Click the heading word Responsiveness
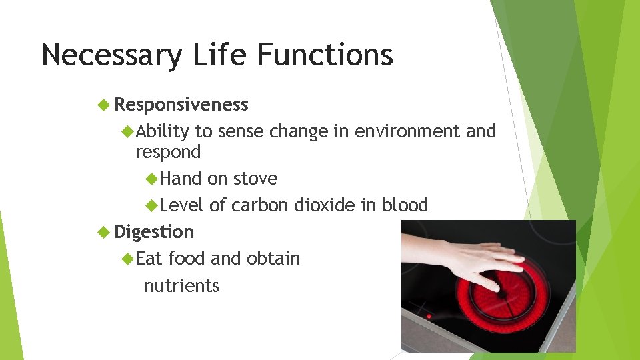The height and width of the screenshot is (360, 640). [181, 105]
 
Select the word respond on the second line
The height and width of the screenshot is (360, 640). [168, 153]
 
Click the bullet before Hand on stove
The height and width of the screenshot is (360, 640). [151, 179]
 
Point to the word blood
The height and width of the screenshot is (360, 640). [405, 205]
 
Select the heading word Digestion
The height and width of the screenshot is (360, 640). [154, 232]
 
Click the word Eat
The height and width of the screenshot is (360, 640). [151, 259]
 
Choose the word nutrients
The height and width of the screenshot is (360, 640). [182, 286]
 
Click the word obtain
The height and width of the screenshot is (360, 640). [273, 259]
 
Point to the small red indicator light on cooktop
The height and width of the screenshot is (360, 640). [428, 316]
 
